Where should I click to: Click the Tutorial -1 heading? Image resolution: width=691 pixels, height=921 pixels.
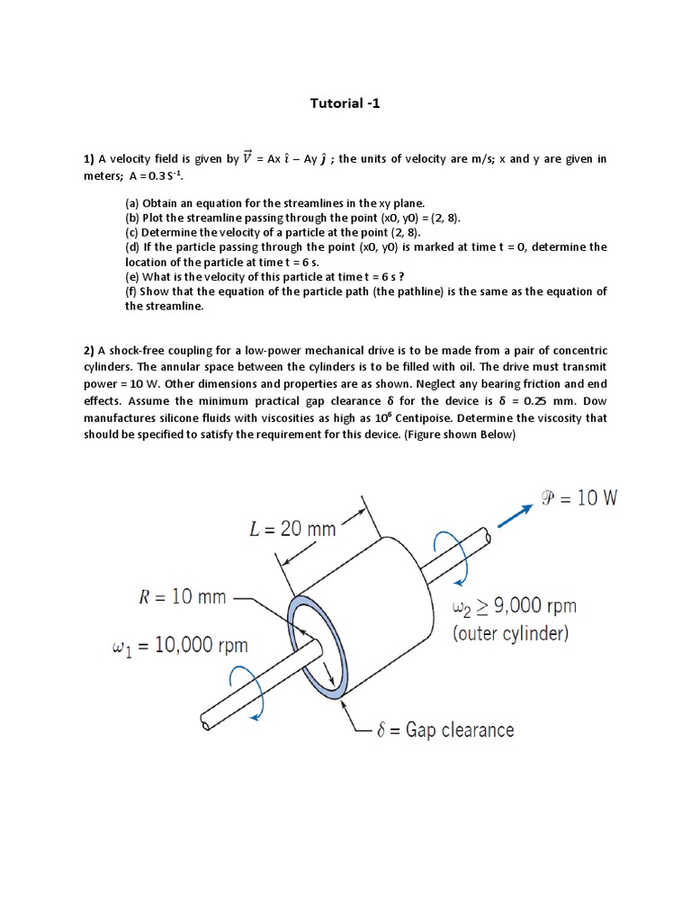345,103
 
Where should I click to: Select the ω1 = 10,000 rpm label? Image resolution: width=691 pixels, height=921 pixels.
179,646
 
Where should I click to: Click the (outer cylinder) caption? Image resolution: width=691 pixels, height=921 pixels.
510,633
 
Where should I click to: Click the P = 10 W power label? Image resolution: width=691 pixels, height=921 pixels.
577,498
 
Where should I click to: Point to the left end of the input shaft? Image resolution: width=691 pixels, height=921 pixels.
206,723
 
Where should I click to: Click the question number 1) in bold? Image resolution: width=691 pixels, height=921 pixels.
89,159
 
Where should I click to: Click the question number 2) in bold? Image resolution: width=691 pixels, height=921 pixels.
89,350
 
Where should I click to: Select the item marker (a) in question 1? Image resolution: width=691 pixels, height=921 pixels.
132,204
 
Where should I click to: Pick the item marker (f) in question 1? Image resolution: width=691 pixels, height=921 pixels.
131,291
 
